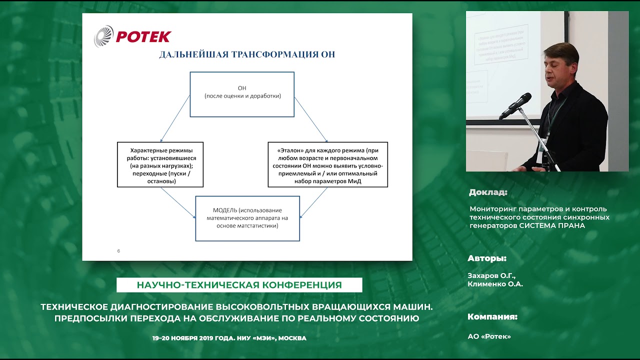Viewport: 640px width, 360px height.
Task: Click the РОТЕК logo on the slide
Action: (x=132, y=36)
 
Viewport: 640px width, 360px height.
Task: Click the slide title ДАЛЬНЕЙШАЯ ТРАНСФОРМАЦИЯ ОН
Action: (x=247, y=54)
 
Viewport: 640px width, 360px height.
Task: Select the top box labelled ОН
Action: (x=242, y=94)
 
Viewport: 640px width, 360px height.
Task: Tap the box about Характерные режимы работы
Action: (x=160, y=164)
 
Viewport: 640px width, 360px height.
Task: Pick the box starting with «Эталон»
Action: (x=327, y=164)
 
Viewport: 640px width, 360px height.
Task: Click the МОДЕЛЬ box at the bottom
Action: (x=247, y=218)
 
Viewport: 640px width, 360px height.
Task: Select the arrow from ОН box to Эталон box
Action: (x=310, y=119)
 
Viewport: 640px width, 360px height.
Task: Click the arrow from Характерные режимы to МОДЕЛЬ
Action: (x=177, y=202)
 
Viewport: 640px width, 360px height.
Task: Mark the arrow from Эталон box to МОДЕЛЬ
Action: (x=313, y=202)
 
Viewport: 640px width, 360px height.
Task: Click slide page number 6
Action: (x=118, y=251)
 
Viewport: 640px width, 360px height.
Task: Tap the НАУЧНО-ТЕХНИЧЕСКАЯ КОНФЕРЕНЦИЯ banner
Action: (x=239, y=285)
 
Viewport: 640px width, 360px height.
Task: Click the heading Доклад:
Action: (x=488, y=192)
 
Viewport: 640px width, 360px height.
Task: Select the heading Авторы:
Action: (x=487, y=258)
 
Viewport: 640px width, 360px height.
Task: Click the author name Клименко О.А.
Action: (x=495, y=284)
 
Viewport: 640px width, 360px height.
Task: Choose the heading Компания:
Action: (x=492, y=316)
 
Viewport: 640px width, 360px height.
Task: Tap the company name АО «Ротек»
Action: (x=489, y=336)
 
